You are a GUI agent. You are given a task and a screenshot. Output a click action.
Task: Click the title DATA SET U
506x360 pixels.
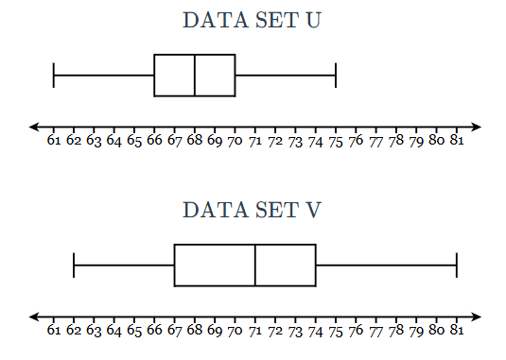coord(252,20)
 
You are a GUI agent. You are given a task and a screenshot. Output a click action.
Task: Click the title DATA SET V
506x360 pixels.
coord(252,210)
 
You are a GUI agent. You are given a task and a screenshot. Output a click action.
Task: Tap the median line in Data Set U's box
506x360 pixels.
coord(195,76)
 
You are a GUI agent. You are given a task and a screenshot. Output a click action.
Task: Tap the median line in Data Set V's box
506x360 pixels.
coord(255,266)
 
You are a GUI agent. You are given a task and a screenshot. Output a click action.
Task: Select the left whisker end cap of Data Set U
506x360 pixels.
coord(54,76)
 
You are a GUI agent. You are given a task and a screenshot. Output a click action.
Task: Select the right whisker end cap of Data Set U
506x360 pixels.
coord(336,76)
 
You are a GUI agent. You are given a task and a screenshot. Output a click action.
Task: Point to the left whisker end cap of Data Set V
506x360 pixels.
coord(74,266)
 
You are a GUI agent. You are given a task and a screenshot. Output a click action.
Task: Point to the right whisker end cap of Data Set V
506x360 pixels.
coord(457,266)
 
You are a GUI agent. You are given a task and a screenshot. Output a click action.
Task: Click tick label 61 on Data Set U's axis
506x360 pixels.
coord(54,140)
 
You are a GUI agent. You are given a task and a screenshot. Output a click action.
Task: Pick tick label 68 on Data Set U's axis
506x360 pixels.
coord(195,140)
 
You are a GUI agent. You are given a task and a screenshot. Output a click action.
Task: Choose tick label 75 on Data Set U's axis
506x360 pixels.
coord(336,141)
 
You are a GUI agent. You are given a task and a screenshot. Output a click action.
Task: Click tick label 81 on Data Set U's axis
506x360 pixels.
coord(457,140)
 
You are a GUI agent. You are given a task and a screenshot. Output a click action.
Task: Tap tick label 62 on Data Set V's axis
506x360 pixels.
coord(74,330)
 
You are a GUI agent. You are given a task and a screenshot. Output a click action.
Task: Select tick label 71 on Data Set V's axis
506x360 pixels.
coord(255,331)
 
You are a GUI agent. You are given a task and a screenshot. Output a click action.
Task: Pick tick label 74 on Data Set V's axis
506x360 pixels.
coord(316,332)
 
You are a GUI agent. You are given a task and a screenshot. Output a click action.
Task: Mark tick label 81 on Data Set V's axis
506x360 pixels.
coord(457,330)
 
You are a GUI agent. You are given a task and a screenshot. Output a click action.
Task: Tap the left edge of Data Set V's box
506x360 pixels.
coord(175,266)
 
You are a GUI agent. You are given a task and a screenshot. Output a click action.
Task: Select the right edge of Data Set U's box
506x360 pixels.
coord(236,76)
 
